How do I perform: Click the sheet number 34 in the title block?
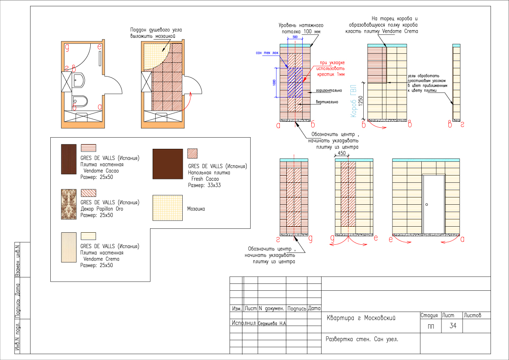pos(453,326)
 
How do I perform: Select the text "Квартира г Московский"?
pos(361,318)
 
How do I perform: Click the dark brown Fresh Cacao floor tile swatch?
pos(167,164)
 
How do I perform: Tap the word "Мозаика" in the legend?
pos(196,209)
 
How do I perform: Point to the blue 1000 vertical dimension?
pos(274,82)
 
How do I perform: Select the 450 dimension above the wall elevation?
pos(342,153)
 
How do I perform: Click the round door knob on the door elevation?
pos(427,205)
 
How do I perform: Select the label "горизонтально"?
pos(329,91)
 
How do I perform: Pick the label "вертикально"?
pos(327,102)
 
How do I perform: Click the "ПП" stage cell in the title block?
pos(431,326)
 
